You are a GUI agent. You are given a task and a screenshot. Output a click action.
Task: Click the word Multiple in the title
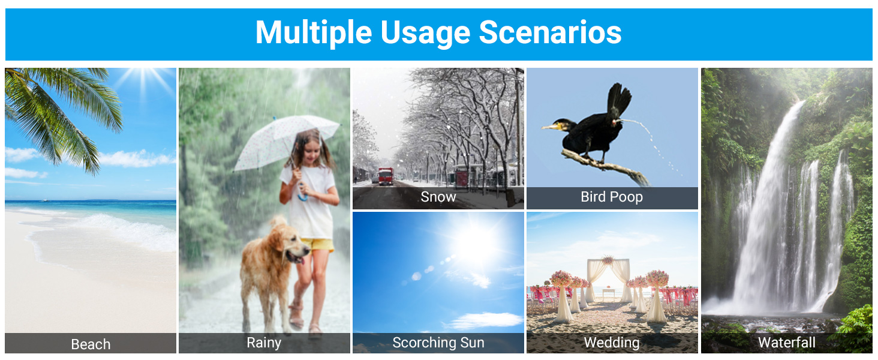[313, 33]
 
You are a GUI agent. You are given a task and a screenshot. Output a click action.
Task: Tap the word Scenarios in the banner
[550, 32]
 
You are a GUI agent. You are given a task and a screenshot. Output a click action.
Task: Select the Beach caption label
[91, 344]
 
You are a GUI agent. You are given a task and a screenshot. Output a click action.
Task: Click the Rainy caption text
[264, 343]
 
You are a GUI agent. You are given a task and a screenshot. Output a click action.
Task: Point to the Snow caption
[438, 197]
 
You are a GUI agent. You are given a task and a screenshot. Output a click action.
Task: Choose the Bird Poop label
[612, 197]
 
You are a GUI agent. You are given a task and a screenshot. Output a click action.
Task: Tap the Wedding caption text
[612, 343]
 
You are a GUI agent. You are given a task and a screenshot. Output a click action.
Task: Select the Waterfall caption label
[787, 343]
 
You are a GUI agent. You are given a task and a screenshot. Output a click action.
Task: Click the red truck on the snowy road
[386, 176]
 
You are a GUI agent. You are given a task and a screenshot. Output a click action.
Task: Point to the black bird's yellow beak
[550, 126]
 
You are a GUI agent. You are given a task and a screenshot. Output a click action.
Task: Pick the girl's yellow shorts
[317, 245]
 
